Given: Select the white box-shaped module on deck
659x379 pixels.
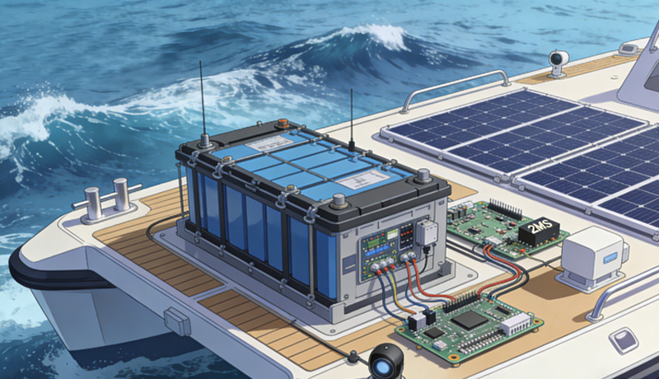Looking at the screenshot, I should pos(592,256).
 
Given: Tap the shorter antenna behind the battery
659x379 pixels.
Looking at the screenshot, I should pos(352,115).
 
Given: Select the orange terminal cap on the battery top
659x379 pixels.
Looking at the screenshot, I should pos(283,125).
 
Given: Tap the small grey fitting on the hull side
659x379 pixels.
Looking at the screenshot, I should pos(178,321).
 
